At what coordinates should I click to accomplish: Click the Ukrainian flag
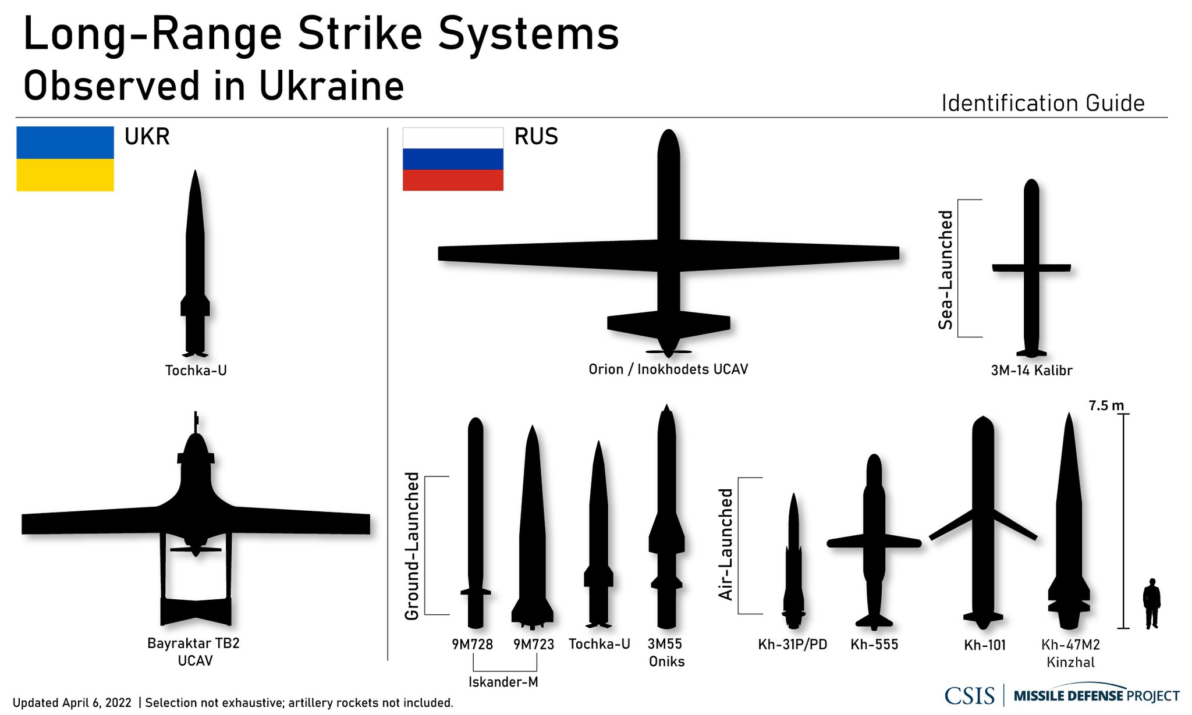65,159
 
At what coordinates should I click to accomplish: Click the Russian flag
453,159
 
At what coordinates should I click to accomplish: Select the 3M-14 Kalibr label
1031,371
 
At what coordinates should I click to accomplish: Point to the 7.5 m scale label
1106,405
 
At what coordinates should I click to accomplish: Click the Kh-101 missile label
985,645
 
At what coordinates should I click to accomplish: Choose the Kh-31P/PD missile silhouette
793,564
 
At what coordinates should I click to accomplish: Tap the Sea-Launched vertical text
946,270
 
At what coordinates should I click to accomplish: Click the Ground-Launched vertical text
412,546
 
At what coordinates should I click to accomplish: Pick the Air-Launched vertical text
725,545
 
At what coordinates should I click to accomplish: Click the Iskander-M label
503,682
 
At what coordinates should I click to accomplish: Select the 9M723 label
534,644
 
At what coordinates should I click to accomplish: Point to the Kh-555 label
874,644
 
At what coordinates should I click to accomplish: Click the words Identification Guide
1042,104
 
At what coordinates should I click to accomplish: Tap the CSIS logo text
969,696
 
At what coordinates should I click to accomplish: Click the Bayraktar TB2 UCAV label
194,652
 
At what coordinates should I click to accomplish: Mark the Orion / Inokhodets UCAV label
668,369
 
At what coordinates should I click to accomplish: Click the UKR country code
147,137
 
